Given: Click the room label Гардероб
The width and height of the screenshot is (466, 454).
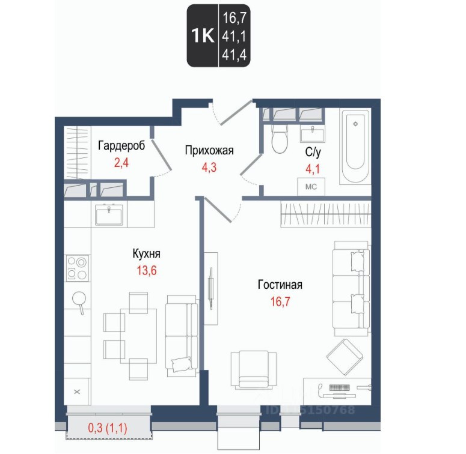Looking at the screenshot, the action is [x=121, y=146].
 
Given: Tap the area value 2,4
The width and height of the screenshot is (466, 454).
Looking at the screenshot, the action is [x=121, y=163].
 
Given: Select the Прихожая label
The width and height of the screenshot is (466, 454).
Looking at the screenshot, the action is [x=209, y=151].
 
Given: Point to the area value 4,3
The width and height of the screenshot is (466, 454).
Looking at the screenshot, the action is [x=209, y=168].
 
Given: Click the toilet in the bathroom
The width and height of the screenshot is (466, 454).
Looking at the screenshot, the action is [x=280, y=138].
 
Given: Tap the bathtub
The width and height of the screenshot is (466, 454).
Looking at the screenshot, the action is [x=355, y=147].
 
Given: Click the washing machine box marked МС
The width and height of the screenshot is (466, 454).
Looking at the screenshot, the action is [x=311, y=187].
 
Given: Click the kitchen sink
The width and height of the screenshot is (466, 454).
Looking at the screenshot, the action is [x=109, y=214].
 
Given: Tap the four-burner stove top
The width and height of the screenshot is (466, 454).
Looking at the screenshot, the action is [x=77, y=268].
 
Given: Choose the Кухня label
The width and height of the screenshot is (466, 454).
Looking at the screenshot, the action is [x=147, y=253].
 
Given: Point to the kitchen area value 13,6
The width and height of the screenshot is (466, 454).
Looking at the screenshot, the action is [x=147, y=271].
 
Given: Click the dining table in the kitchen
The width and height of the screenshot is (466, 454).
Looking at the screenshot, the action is [x=138, y=336].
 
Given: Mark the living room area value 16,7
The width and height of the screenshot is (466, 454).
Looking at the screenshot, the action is [x=280, y=302].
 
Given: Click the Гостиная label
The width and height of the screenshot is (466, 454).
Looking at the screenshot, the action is [x=280, y=285].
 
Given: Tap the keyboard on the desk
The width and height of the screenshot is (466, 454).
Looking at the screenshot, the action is [x=339, y=387].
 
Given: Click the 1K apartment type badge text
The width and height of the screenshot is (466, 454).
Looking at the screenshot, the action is [x=203, y=35].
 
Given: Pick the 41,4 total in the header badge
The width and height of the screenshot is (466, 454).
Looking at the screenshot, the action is [x=234, y=55].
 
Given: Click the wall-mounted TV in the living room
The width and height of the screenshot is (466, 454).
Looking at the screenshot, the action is [x=211, y=288].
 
